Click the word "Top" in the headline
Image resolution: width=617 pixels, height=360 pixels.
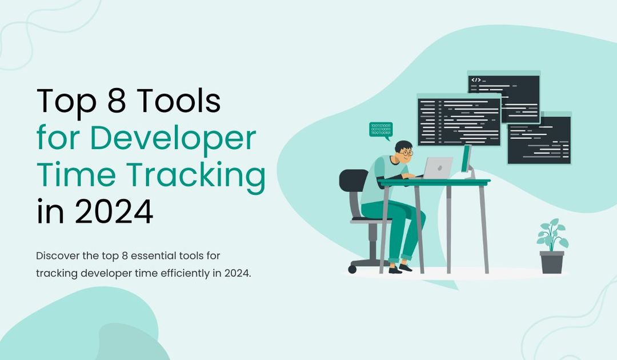point(62,102)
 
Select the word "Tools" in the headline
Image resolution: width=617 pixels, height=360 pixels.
point(179,102)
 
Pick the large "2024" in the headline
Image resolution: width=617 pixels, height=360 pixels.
point(114,212)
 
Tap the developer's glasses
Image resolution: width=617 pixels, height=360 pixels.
point(406,153)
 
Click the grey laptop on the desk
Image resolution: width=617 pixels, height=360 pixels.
point(438,167)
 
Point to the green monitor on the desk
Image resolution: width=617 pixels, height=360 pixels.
point(466,159)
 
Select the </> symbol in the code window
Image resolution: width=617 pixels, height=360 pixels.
point(476,80)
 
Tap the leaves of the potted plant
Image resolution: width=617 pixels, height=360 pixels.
point(552,234)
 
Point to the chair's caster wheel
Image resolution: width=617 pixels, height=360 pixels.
point(352,269)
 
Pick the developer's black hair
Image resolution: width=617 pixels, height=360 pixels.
point(403,146)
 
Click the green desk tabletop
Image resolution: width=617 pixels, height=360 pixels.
point(434,182)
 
